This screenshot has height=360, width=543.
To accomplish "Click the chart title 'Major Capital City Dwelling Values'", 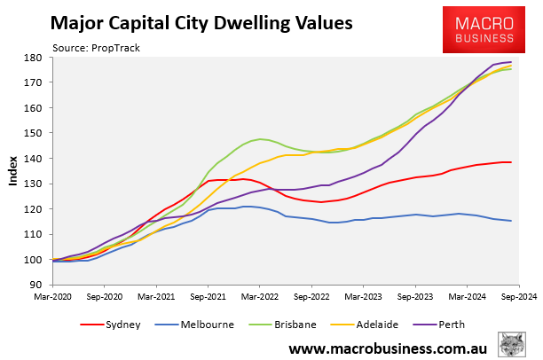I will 201,23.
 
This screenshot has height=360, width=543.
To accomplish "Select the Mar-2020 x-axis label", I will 53,299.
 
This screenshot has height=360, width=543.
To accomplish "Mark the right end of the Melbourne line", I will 511,221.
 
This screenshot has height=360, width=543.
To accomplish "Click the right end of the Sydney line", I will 511,162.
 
